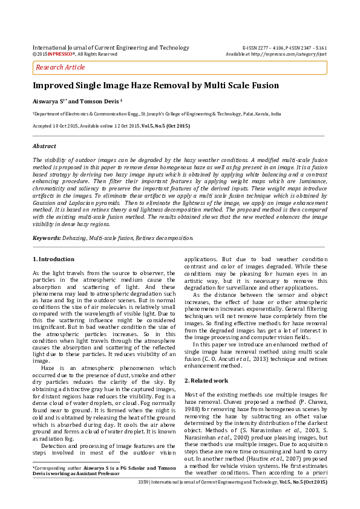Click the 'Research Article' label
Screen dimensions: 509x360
tap(61, 67)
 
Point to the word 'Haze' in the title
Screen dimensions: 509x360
tap(155, 86)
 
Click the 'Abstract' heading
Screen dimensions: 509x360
tap(44, 146)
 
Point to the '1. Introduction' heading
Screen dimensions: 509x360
tap(53, 259)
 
